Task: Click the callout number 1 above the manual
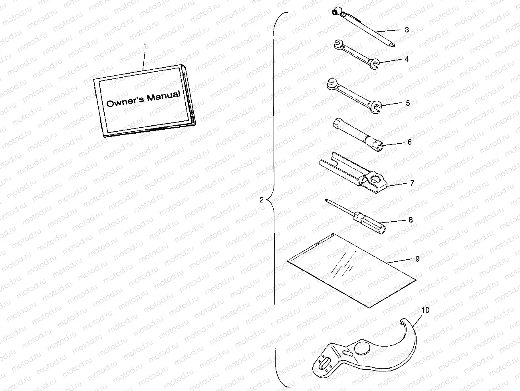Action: tap(145, 46)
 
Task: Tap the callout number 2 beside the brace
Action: tap(262, 201)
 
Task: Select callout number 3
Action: tap(407, 30)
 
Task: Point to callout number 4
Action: tap(407, 59)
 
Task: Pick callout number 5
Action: tap(408, 103)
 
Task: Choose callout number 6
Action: tap(409, 142)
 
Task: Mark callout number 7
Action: tap(412, 183)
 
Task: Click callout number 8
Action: tap(411, 220)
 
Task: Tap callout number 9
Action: tap(417, 259)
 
